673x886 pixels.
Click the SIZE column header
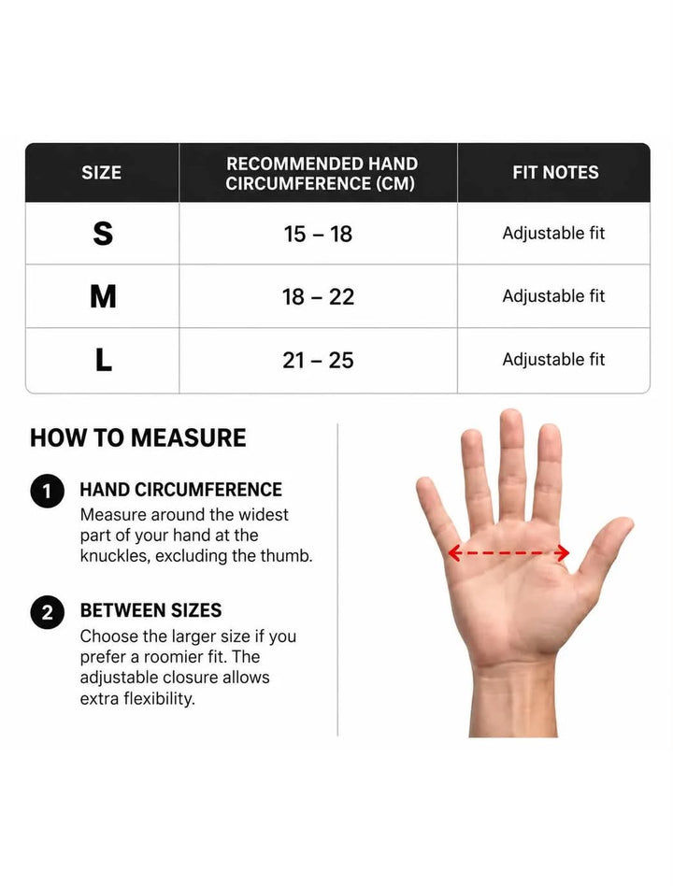[x=102, y=172]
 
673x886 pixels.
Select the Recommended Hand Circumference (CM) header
[x=321, y=174]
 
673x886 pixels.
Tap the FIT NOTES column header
[x=555, y=172]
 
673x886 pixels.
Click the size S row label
[x=103, y=234]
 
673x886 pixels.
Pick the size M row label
[x=103, y=296]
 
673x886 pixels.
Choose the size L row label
[x=104, y=360]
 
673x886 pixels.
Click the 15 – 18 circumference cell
[x=318, y=234]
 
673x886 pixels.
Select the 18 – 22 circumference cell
[x=318, y=296]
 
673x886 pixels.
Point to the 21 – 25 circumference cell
[x=318, y=360]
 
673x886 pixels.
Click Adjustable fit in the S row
[x=553, y=234]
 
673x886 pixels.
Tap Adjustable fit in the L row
[x=553, y=360]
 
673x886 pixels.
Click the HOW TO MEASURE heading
[x=138, y=438]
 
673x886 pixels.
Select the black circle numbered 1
[x=48, y=491]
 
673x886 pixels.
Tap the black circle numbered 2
[x=48, y=612]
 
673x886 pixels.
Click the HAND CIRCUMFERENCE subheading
[x=180, y=490]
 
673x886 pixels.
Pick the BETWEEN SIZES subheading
[x=150, y=610]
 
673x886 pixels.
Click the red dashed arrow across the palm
[x=508, y=552]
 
